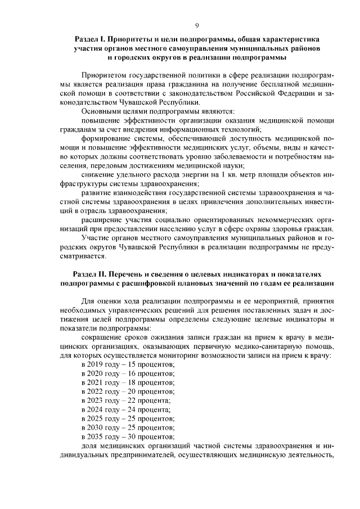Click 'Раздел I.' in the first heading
point(90,39)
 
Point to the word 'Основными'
point(100,111)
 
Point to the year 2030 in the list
point(97,427)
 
